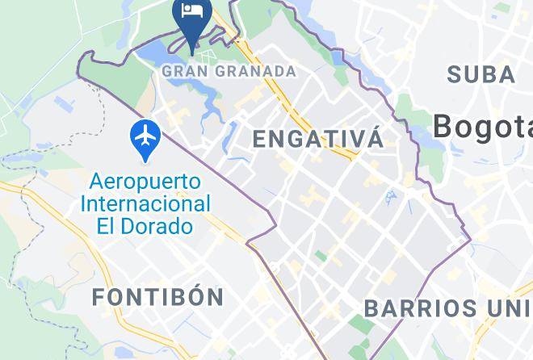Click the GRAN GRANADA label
click(229, 71)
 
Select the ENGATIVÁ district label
click(318, 138)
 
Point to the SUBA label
click(481, 75)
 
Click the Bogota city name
click(483, 126)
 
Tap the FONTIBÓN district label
click(158, 297)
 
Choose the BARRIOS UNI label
click(448, 308)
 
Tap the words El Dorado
click(145, 225)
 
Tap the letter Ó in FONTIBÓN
click(195, 296)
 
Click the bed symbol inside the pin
click(192, 10)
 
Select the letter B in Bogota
click(443, 126)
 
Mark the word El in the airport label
click(106, 225)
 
